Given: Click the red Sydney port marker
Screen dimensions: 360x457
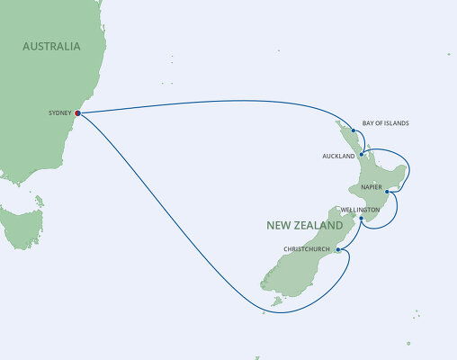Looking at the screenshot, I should point(77,113).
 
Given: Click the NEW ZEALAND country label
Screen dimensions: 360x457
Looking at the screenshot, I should point(304,224).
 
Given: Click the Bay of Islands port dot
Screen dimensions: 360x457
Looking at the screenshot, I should point(354,131).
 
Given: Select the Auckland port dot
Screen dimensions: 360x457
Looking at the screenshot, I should point(360,155).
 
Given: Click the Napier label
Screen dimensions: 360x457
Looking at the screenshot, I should point(372,187).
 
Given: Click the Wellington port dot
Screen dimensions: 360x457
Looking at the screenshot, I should point(361,219).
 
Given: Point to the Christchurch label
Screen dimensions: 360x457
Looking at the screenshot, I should point(308,249).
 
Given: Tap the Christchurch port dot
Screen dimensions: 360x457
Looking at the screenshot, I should point(337,249).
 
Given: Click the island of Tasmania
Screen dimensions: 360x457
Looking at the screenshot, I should point(22,226).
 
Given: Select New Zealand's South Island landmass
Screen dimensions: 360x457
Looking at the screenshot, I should point(297,265).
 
